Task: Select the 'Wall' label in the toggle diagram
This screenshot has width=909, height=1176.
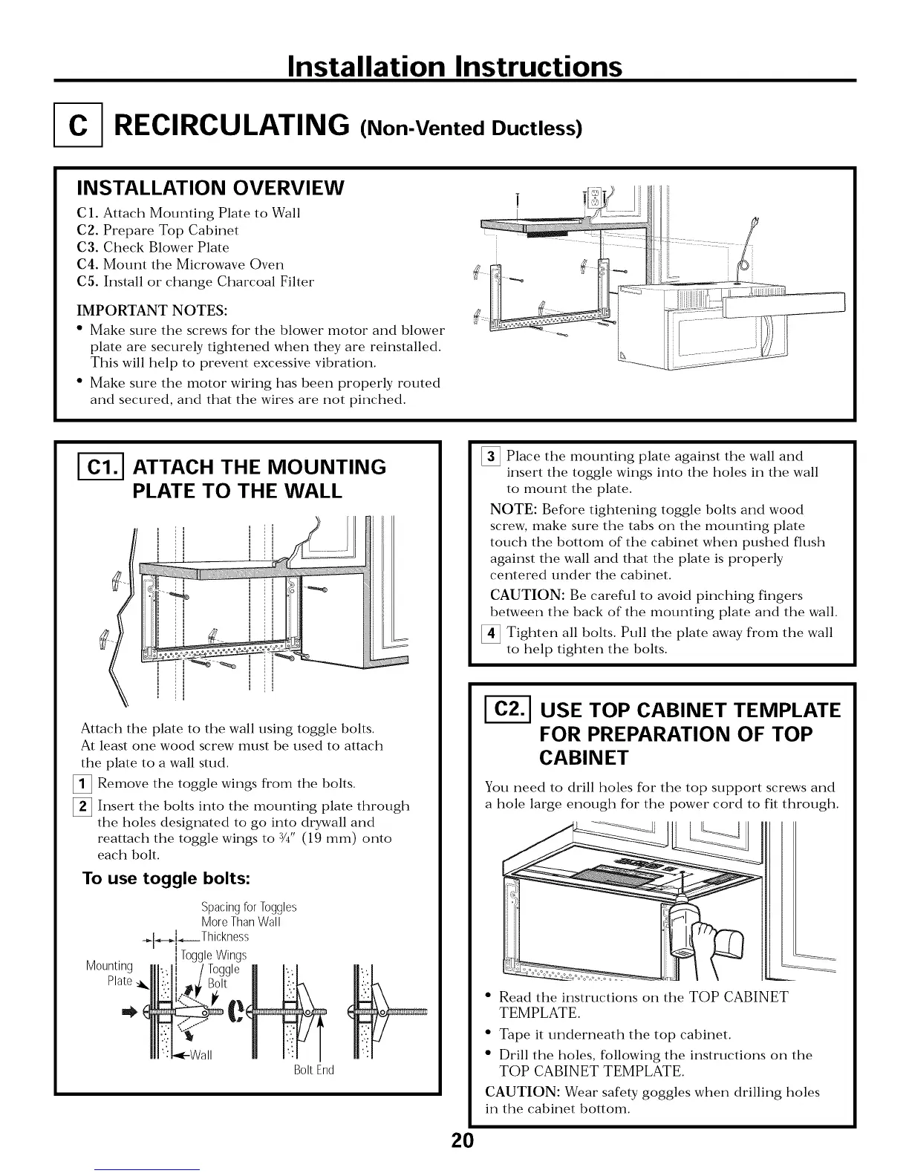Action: (x=200, y=1055)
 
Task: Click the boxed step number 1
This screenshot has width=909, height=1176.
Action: (x=86, y=784)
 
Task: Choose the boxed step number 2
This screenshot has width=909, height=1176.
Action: (x=86, y=806)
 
